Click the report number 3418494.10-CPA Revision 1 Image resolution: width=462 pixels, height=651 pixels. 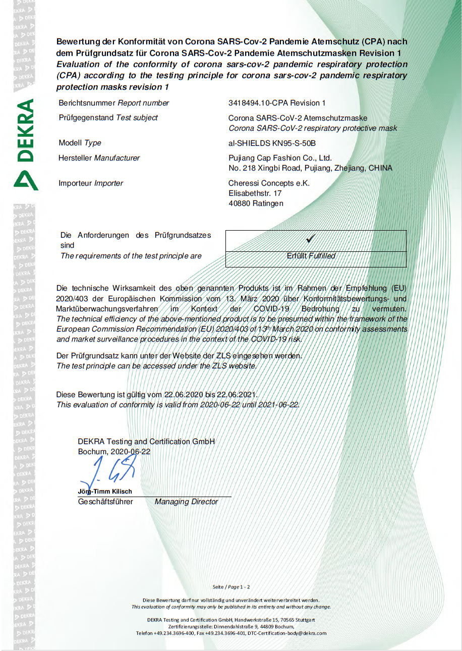[277, 103]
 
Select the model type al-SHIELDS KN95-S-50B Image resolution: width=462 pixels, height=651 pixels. [272, 143]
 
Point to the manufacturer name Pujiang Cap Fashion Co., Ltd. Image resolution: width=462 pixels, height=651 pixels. [280, 158]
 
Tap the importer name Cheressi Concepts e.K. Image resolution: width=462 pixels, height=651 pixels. [269, 183]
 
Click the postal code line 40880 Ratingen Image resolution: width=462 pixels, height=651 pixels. [256, 203]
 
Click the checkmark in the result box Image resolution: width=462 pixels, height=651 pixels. [311, 237]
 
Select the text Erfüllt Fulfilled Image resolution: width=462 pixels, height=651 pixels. [311, 256]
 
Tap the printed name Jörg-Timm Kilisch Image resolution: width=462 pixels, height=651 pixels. [105, 492]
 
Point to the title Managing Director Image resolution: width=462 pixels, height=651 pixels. [186, 502]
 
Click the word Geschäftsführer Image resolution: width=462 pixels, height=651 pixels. [105, 502]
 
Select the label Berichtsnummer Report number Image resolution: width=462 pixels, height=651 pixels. [114, 103]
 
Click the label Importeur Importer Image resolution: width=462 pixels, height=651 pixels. [91, 183]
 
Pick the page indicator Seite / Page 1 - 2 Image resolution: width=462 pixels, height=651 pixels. [231, 586]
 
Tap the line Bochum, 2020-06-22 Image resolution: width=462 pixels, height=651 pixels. [114, 452]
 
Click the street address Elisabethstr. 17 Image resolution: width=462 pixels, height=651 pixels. [255, 193]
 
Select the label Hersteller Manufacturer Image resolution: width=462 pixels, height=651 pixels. [99, 158]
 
